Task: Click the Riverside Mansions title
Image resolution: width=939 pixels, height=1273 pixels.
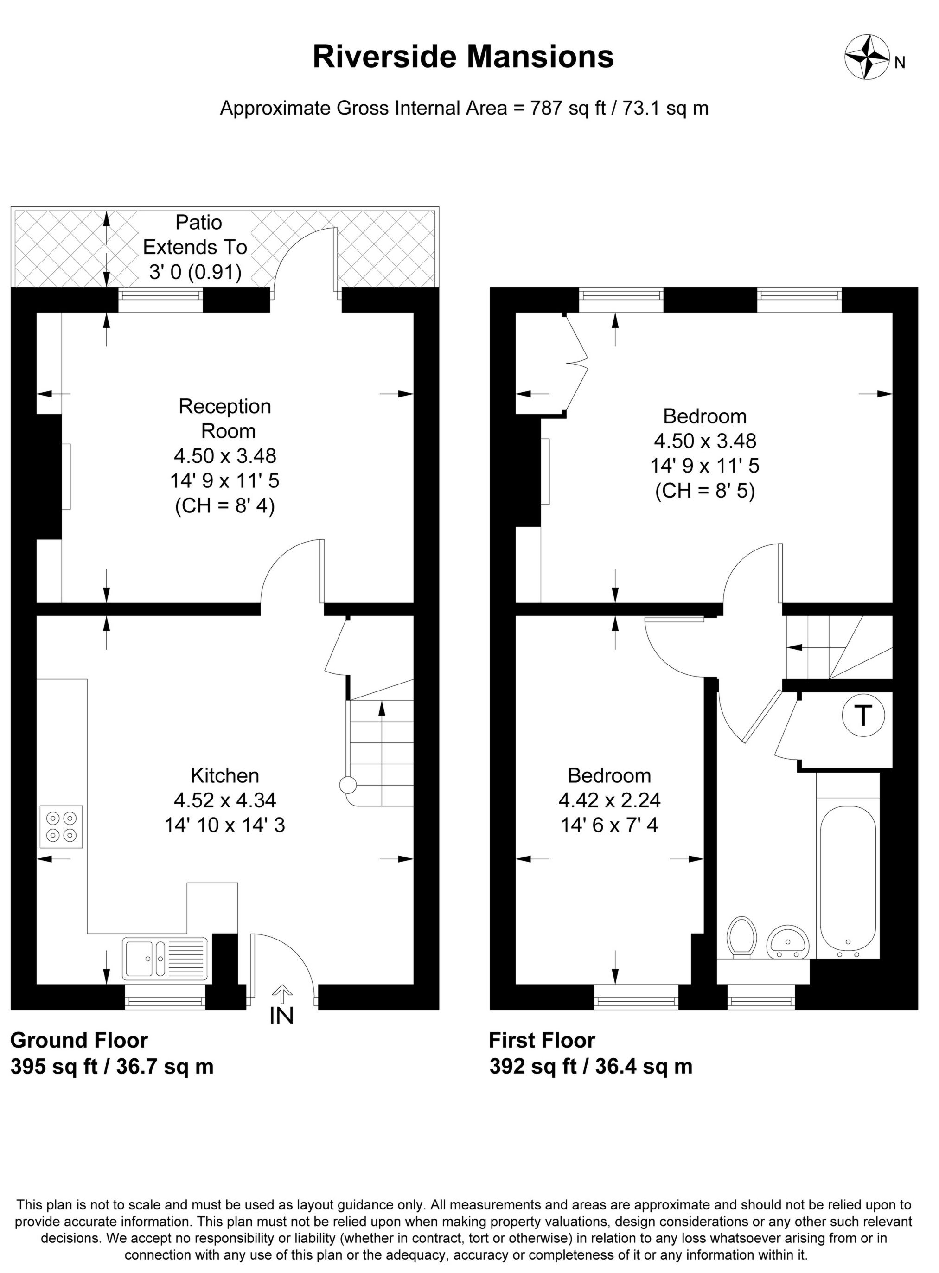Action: [x=463, y=57]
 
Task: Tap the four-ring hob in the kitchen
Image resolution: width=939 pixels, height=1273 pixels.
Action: [x=61, y=826]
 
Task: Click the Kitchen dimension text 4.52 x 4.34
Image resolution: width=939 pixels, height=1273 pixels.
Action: [x=225, y=800]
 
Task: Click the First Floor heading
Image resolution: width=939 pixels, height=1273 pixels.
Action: [x=542, y=1040]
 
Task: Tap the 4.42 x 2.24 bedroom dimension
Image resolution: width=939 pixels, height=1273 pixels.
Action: [x=609, y=800]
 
